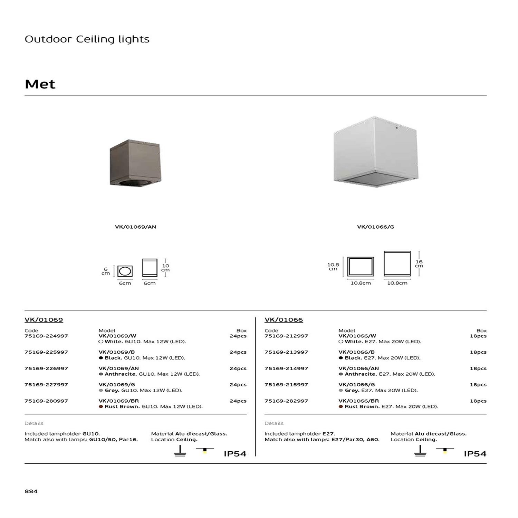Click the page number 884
click(x=31, y=491)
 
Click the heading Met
click(x=40, y=84)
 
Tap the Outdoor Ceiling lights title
click(x=87, y=39)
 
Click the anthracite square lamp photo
click(x=135, y=163)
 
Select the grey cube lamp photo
click(x=376, y=152)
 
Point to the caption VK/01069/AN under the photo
click(x=135, y=227)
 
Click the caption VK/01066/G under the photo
click(x=375, y=227)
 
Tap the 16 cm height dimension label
click(x=419, y=264)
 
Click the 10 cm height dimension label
click(x=166, y=268)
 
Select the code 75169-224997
click(x=46, y=336)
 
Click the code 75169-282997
click(x=286, y=401)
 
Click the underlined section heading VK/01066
click(x=284, y=320)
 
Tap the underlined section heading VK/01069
click(x=44, y=320)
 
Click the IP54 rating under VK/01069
click(x=235, y=454)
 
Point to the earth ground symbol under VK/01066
click(x=420, y=451)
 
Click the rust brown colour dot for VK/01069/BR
click(x=101, y=407)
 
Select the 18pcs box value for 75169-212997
click(x=478, y=336)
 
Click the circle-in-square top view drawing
click(x=125, y=271)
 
